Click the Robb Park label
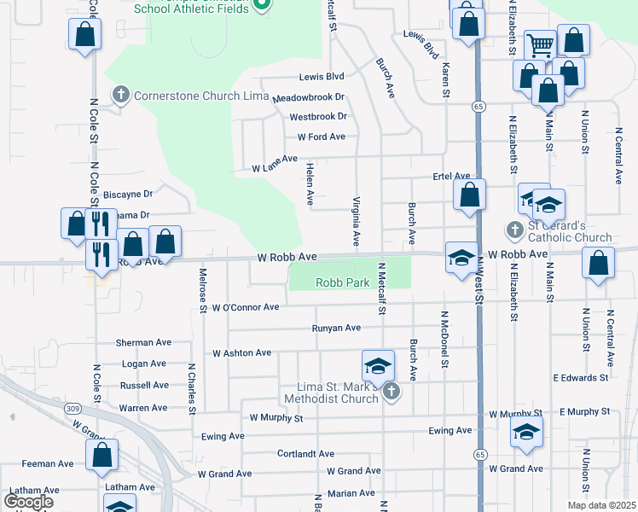[x=341, y=282]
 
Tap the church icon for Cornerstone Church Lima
[x=121, y=95]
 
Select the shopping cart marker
[x=540, y=45]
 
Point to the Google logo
[x=28, y=502]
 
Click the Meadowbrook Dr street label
[x=315, y=97]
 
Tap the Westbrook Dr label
[x=318, y=116]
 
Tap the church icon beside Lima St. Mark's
[x=391, y=392]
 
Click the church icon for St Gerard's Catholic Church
[x=514, y=230]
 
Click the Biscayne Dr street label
[x=127, y=195]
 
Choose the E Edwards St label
[x=580, y=376]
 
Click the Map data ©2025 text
[x=602, y=505]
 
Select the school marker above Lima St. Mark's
[x=378, y=366]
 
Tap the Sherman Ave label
[x=143, y=342]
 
